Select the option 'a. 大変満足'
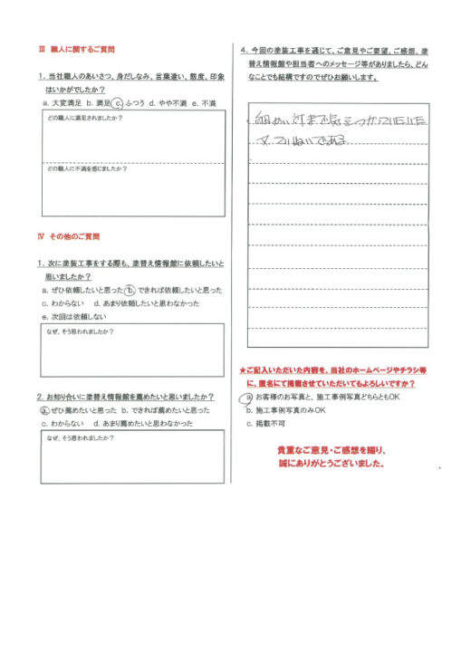[58, 105]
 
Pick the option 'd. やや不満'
[168, 105]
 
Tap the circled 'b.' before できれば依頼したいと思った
[130, 290]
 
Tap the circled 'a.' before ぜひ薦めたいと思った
[44, 410]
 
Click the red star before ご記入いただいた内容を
[243, 370]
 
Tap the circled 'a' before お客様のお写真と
[248, 397]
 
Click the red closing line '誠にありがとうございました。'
[331, 463]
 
